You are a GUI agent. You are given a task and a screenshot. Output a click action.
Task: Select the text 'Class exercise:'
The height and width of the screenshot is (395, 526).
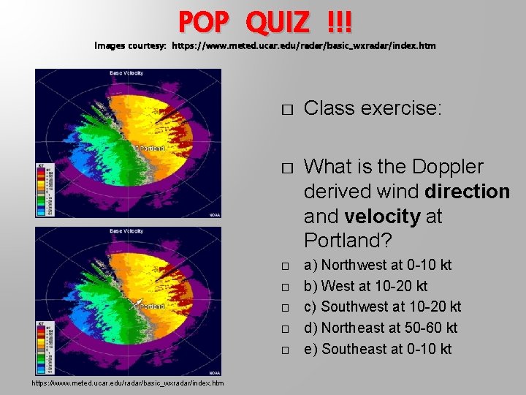(373, 109)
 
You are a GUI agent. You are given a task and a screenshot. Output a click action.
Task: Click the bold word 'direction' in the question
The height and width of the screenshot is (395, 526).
(465, 192)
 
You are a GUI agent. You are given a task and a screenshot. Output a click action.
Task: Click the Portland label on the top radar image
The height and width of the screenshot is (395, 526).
(152, 148)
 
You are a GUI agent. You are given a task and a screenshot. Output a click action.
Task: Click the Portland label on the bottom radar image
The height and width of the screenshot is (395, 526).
(152, 306)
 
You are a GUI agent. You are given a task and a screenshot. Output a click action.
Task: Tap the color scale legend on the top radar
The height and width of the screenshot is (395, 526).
(45, 190)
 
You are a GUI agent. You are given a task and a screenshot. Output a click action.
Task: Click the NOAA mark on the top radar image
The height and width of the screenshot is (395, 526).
(213, 214)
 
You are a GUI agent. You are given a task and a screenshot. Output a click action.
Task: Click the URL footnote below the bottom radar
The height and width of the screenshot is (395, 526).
(128, 383)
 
